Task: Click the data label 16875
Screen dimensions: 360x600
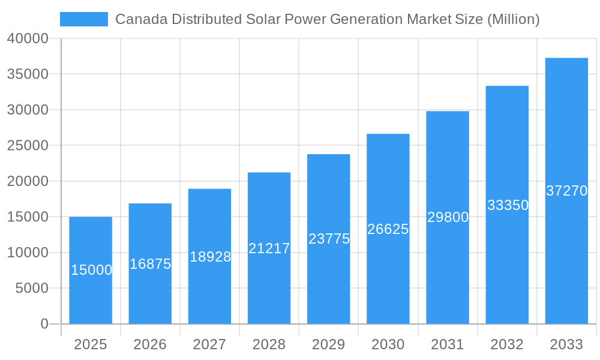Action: (150, 264)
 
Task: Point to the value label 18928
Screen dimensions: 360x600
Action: (210, 257)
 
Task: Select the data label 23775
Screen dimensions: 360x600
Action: (329, 239)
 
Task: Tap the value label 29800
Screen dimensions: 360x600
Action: (448, 217)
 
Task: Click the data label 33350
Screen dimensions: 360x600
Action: (508, 205)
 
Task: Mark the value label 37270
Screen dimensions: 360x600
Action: (566, 191)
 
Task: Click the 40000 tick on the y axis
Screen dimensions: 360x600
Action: (28, 38)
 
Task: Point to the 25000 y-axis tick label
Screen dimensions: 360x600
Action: (28, 146)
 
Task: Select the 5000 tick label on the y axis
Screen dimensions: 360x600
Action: (31, 289)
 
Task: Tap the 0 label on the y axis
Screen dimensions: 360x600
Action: (44, 324)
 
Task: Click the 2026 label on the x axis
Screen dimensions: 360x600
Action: (150, 344)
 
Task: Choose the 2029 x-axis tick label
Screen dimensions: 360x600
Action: (329, 344)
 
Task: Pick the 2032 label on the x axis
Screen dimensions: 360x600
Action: (507, 344)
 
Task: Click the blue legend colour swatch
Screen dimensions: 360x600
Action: (84, 19)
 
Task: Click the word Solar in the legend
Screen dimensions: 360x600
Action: (262, 19)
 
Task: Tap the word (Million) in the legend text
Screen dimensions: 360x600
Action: (513, 19)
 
